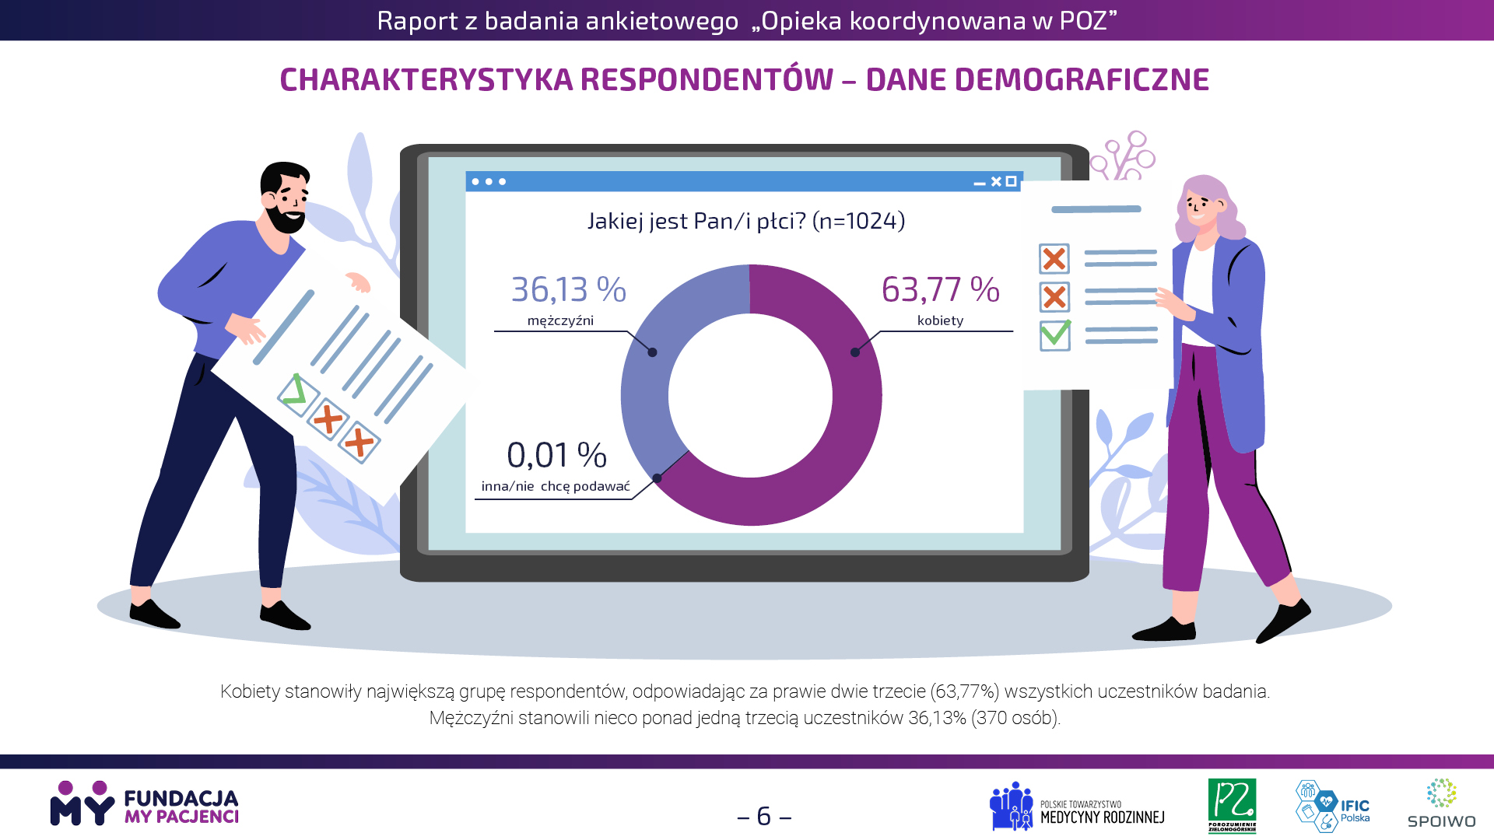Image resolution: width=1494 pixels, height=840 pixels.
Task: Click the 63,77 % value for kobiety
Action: coord(940,289)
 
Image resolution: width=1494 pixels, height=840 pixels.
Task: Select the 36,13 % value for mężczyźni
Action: coord(568,289)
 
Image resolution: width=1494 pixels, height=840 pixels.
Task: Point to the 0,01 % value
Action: coord(556,455)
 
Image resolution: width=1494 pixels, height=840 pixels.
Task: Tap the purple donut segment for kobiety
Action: coord(840,436)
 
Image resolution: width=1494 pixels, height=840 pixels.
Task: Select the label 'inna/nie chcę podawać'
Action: coord(556,486)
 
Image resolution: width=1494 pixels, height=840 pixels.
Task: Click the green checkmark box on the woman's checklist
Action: coord(1055,335)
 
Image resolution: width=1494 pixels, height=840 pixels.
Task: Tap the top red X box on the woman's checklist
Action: coord(1054,259)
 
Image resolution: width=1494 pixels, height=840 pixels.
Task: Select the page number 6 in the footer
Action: coord(764,816)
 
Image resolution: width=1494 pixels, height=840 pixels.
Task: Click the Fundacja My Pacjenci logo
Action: coord(145,803)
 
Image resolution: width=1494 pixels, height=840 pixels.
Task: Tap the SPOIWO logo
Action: coord(1441,803)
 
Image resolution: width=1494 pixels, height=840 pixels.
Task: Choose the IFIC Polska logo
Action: coord(1332,806)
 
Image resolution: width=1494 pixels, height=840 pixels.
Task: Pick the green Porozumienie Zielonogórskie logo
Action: coord(1232,806)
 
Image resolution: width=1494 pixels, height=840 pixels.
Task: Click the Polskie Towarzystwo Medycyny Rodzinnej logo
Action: coord(1077,807)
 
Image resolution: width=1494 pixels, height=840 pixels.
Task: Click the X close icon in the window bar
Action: coord(996,181)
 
